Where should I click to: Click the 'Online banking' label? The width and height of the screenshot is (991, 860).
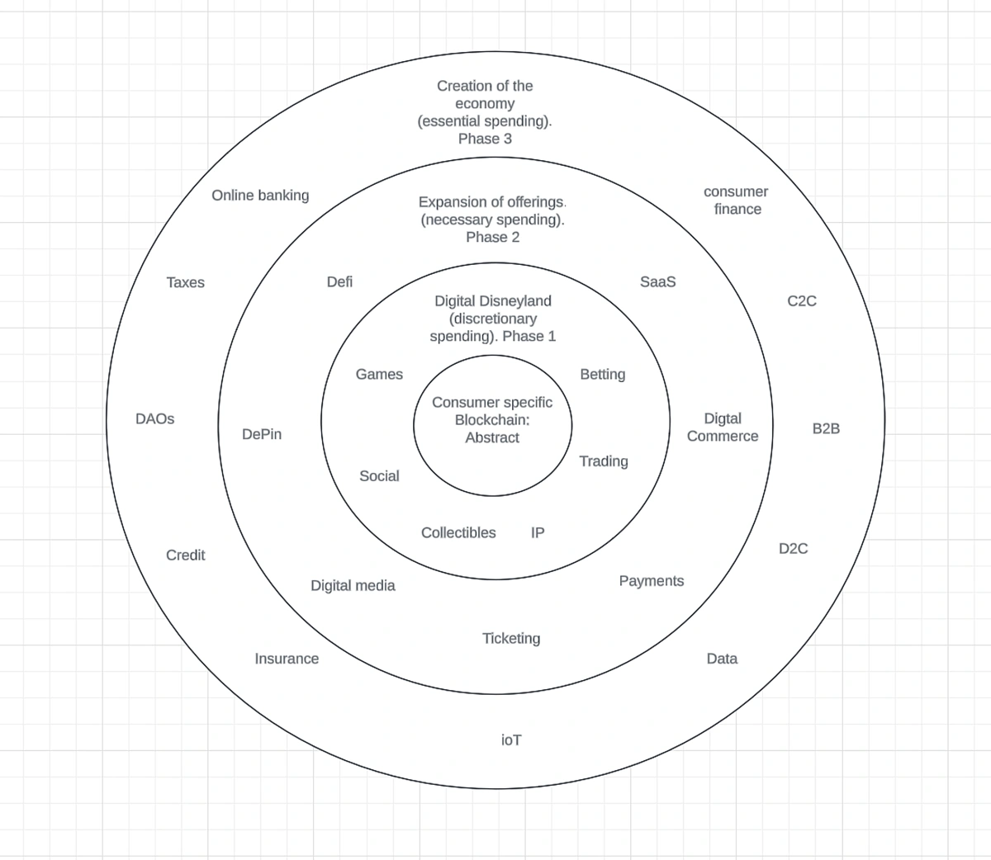tap(260, 196)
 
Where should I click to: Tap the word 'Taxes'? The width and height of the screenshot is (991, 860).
tap(186, 282)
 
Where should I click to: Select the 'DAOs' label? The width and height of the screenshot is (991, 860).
tap(154, 418)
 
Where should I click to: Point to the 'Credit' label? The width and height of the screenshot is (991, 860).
tap(186, 555)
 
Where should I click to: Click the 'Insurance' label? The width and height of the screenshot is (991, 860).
tap(287, 659)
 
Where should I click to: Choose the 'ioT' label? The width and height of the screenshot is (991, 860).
tap(511, 740)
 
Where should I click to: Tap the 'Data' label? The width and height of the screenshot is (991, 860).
tap(722, 659)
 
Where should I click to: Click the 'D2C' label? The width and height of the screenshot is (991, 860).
tap(794, 548)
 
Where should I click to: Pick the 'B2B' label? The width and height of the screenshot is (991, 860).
tap(826, 428)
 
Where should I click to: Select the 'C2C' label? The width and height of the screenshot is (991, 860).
tap(802, 301)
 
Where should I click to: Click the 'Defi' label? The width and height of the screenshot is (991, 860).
tap(339, 281)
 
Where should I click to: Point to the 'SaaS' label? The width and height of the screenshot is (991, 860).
tap(657, 281)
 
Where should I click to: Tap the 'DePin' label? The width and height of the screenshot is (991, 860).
tap(262, 434)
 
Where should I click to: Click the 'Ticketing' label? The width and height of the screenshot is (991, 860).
tap(511, 638)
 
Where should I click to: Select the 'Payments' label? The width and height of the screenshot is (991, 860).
tap(652, 581)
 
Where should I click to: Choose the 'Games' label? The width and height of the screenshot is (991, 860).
tap(379, 374)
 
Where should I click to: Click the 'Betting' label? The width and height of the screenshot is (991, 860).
tap(603, 374)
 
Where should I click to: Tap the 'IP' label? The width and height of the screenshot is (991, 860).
tap(538, 532)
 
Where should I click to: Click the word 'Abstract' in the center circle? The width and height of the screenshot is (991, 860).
tap(492, 437)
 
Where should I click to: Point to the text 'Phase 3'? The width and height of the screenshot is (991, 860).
tap(485, 139)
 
